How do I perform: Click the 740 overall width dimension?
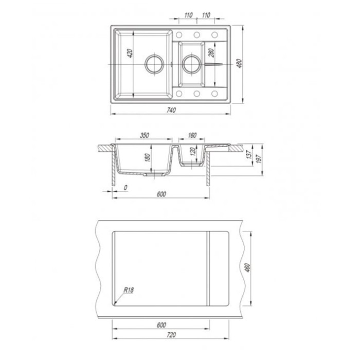(x=171, y=110)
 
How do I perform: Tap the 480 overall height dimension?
(x=239, y=64)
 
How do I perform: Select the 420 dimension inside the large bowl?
(x=130, y=53)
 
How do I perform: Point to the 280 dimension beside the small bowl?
(x=211, y=52)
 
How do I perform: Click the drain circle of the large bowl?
(x=154, y=64)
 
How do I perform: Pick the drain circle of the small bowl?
(x=192, y=64)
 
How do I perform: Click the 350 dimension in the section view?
(x=145, y=135)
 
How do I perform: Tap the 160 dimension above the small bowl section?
(x=192, y=135)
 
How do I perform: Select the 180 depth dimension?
(x=148, y=157)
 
